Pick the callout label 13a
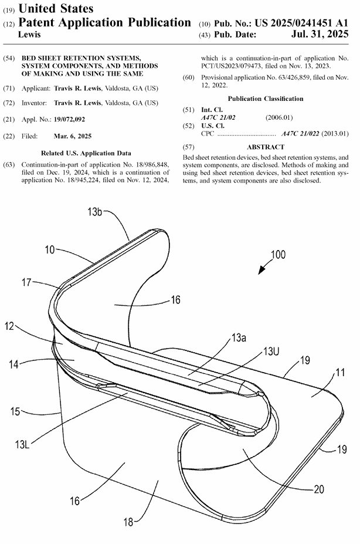(238, 338)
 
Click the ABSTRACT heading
(266, 147)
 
